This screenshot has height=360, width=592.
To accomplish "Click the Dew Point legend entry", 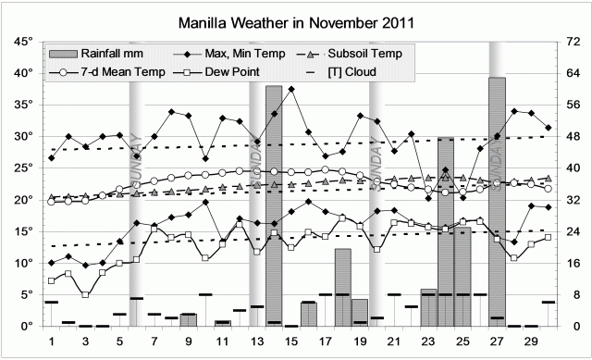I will point(231,70).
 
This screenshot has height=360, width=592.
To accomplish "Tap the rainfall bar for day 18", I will point(342,287).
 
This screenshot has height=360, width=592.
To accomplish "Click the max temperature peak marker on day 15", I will point(291,90).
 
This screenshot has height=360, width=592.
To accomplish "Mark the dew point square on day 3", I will point(86,294).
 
